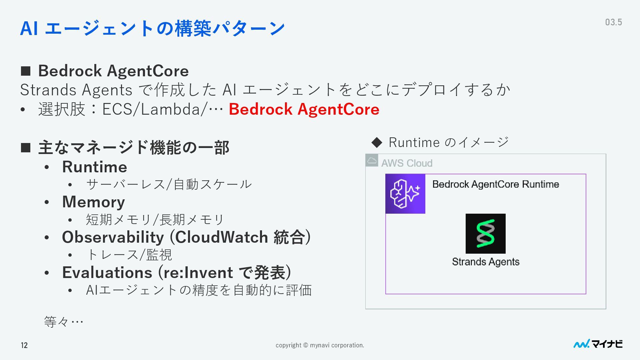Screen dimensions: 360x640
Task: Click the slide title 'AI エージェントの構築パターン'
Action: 152,28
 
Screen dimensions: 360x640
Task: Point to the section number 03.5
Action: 613,22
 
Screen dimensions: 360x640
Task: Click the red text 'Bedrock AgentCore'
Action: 304,109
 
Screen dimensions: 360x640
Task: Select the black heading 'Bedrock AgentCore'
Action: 113,71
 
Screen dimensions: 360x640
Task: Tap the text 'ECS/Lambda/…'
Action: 162,109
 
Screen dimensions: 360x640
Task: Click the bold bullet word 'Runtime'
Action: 95,167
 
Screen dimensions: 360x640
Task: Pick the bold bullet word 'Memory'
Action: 94,202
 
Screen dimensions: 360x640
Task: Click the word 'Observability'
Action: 113,237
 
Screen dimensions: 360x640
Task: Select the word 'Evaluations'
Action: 107,273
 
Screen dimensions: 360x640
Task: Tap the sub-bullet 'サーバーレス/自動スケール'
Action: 169,184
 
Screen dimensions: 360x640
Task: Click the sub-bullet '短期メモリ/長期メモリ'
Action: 155,220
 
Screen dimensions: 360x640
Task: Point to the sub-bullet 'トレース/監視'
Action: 129,255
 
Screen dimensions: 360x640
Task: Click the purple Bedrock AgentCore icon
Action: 405,194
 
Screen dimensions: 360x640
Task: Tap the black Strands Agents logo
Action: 485,234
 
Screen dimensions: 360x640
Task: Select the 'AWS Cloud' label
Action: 407,163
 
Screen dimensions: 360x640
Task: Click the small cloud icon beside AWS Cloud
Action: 372,160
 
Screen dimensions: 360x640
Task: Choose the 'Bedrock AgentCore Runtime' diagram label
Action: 495,184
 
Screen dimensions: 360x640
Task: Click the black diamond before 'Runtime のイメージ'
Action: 377,143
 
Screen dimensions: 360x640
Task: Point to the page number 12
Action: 24,345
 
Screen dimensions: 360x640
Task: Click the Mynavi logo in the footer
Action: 598,344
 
